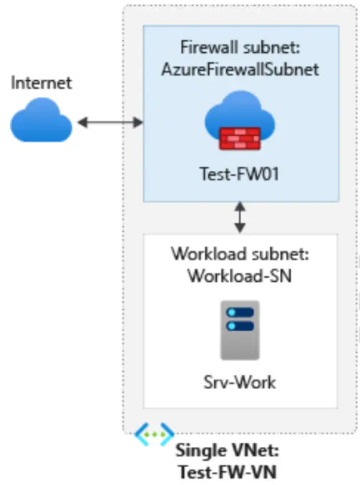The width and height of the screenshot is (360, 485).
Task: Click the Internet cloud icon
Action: (42, 122)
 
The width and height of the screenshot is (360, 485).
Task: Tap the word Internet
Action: (42, 83)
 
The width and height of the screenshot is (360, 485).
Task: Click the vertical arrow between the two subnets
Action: (240, 217)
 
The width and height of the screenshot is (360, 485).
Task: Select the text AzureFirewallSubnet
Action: (240, 69)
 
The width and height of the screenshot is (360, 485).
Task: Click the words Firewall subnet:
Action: (240, 48)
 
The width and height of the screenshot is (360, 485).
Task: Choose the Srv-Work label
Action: (240, 381)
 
